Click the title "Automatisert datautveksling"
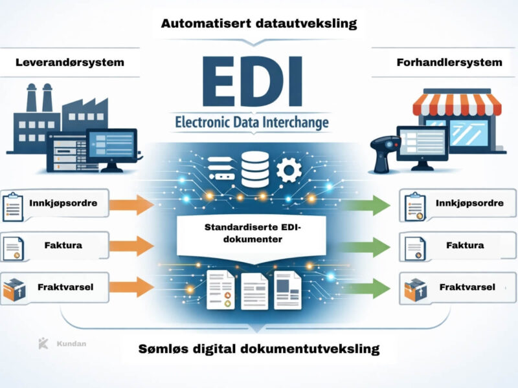[258, 24]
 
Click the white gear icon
[286, 170]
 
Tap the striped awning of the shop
[457, 103]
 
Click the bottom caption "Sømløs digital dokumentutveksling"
[258, 349]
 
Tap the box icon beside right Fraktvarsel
[413, 288]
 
